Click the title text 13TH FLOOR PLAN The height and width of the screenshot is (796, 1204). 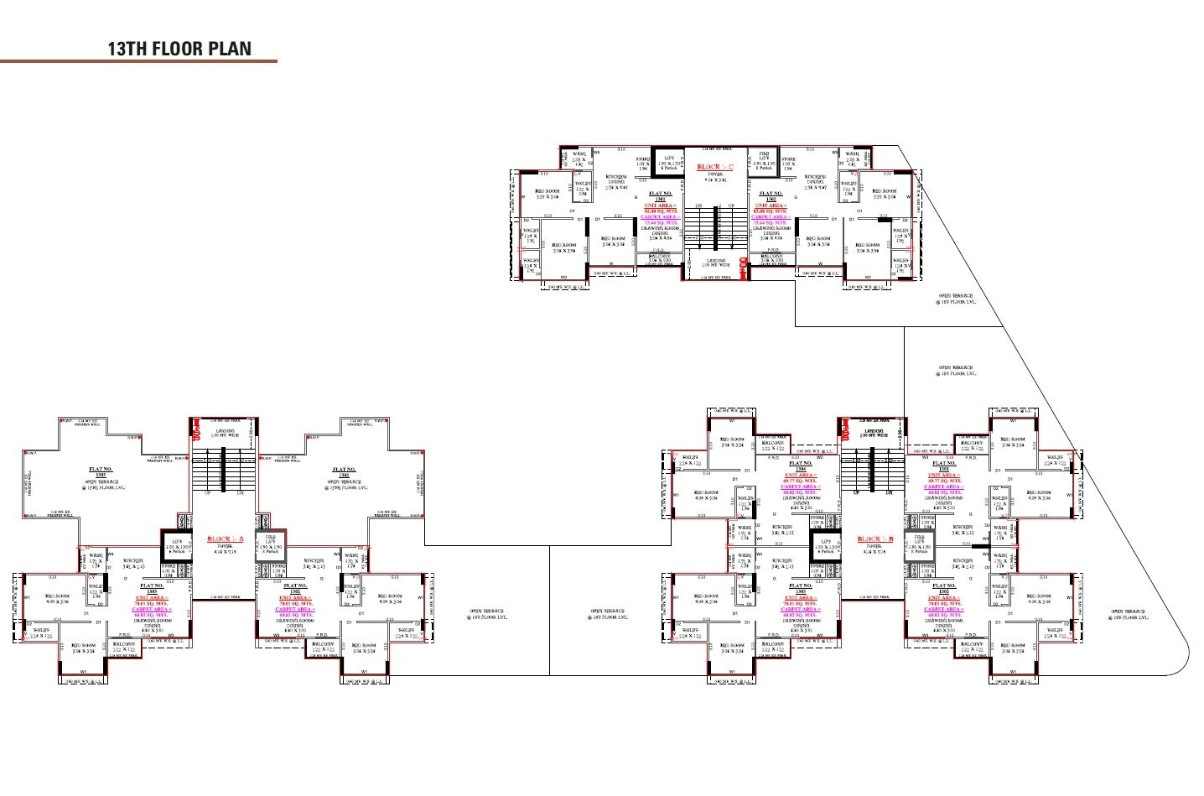[179, 49]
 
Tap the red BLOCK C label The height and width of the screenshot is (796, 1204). [715, 168]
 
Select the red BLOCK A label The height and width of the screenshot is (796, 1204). [224, 540]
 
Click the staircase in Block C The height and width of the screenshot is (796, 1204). [715, 225]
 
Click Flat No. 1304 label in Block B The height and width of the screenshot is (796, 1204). [801, 466]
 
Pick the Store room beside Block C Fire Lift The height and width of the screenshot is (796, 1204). [788, 160]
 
